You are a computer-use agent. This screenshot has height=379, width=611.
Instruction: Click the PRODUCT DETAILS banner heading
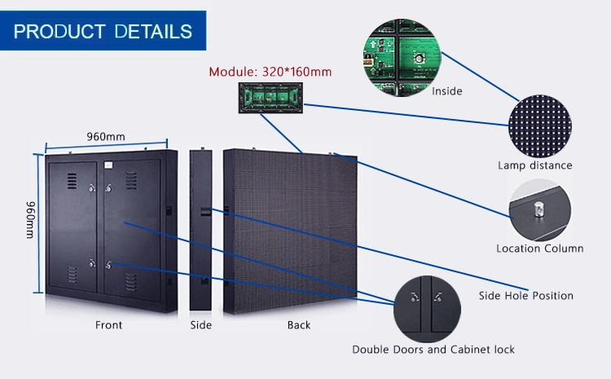[103, 31]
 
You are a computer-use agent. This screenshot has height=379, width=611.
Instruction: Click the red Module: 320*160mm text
[270, 72]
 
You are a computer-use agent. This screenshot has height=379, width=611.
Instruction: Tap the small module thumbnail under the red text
[270, 98]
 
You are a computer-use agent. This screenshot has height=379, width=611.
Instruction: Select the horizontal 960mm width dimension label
[106, 136]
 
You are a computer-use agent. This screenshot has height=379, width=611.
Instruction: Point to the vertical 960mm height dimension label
[30, 219]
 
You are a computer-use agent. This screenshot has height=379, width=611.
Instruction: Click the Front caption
[108, 325]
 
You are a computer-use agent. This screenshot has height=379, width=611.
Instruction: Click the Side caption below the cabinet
[200, 325]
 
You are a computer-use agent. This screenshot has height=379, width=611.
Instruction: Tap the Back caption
[299, 325]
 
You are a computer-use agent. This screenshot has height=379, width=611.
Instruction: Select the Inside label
[447, 91]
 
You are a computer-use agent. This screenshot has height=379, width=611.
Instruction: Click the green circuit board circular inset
[402, 57]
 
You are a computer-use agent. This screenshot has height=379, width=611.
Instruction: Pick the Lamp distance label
[535, 165]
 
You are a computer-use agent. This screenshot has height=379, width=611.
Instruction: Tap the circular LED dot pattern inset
[540, 126]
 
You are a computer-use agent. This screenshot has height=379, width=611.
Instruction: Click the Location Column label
[540, 249]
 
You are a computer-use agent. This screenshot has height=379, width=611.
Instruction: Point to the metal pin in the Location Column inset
[538, 209]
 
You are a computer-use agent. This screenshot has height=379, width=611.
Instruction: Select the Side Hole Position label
[526, 296]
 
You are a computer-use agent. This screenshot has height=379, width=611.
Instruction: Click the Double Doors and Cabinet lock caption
[433, 350]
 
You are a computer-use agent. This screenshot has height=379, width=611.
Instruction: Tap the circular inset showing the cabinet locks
[427, 309]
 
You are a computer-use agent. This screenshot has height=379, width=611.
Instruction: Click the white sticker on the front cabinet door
[108, 165]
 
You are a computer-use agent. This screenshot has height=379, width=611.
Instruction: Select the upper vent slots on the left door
[72, 181]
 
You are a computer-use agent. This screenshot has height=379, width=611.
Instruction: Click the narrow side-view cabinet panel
[201, 230]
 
